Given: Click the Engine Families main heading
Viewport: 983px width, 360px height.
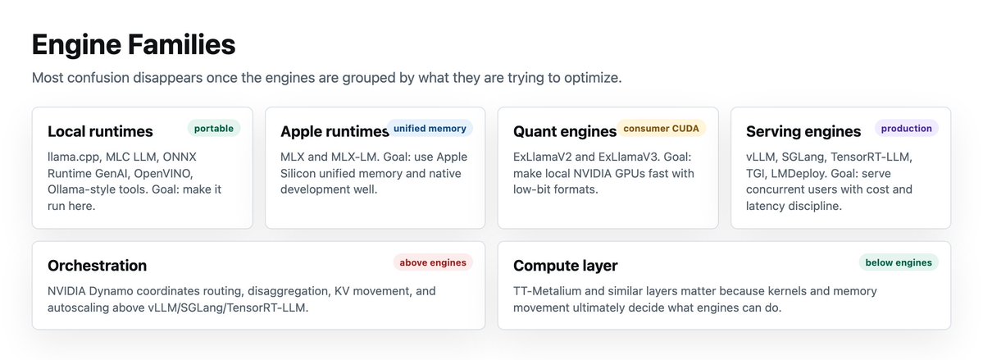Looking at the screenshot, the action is point(134,45).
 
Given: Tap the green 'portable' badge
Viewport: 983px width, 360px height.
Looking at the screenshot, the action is point(214,129).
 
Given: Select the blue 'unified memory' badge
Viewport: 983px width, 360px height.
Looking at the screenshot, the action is point(430,129).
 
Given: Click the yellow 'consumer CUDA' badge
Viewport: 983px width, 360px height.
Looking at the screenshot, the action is point(662,129).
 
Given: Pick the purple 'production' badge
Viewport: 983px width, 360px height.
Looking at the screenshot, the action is point(907,129).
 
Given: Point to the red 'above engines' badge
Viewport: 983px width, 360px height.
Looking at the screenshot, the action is point(433,262).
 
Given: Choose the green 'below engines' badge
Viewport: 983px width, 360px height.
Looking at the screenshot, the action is point(899,262).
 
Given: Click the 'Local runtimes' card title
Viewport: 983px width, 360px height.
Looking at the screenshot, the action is point(100,132).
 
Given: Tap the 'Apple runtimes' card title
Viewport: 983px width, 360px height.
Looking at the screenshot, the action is point(334,132).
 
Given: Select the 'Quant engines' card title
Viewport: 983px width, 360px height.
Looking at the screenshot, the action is point(565,132).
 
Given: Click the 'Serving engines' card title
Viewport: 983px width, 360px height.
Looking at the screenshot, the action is point(803,132).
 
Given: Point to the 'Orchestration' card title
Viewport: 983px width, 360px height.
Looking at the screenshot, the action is point(98,266).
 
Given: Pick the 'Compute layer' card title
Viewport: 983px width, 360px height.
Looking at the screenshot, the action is point(566,266).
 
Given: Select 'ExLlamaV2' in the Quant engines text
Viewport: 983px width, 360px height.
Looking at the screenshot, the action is point(539,157).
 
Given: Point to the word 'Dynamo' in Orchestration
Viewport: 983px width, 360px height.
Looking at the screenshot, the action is point(109,291).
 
